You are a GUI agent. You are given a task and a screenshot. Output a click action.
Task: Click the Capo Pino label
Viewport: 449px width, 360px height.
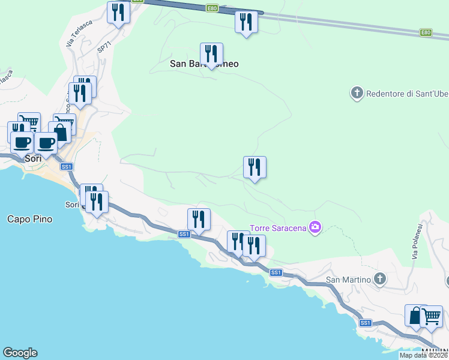click(29, 219)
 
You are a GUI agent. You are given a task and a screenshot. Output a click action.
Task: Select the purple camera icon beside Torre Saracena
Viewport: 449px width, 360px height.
click(315, 227)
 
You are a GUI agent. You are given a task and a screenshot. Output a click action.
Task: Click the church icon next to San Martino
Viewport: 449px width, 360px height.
click(379, 278)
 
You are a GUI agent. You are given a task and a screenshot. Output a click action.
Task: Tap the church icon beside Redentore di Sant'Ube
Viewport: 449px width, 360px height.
click(357, 93)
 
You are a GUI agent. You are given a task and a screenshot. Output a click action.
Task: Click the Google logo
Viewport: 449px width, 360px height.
click(20, 353)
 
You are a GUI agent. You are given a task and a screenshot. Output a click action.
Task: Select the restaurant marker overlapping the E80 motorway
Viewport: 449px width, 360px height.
click(246, 22)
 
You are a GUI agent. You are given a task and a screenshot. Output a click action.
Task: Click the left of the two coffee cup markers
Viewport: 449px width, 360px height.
click(22, 143)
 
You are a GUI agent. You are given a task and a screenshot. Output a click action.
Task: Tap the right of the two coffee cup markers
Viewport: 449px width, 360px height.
click(46, 143)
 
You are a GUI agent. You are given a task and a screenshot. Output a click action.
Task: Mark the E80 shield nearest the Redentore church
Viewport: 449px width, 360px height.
click(426, 32)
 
